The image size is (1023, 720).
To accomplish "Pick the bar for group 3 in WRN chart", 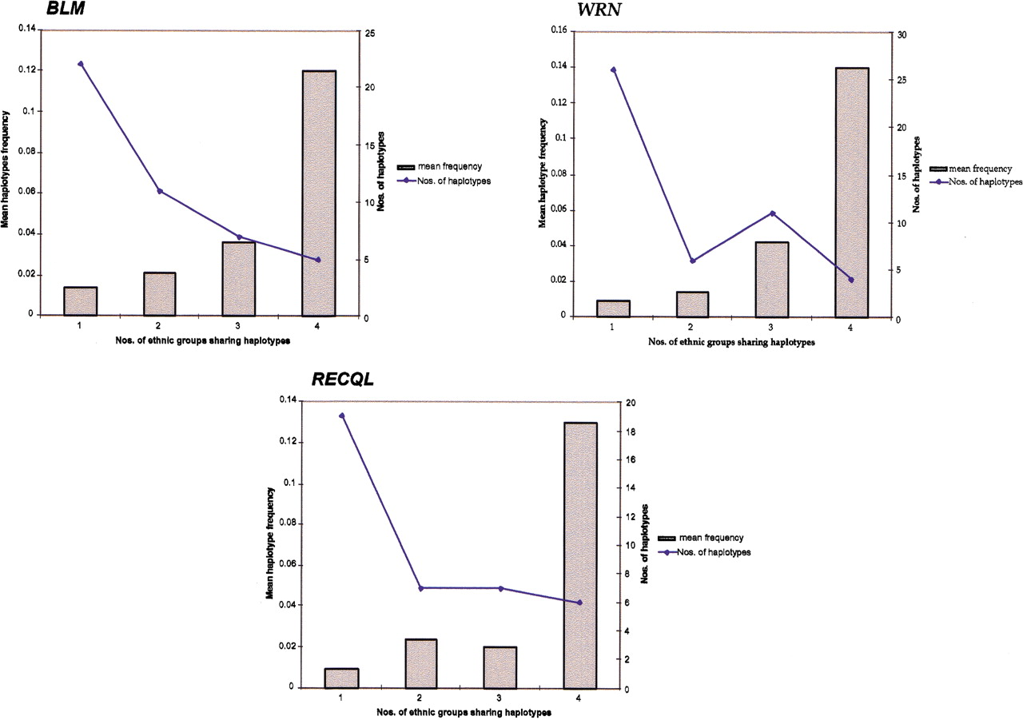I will (x=772, y=279).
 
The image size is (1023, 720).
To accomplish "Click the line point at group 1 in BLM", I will (x=80, y=63).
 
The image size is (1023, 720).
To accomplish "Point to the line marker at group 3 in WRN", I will (x=772, y=213).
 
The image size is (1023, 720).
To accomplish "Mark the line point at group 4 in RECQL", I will (x=579, y=603).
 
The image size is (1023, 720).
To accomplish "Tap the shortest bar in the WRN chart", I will (x=612, y=308).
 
